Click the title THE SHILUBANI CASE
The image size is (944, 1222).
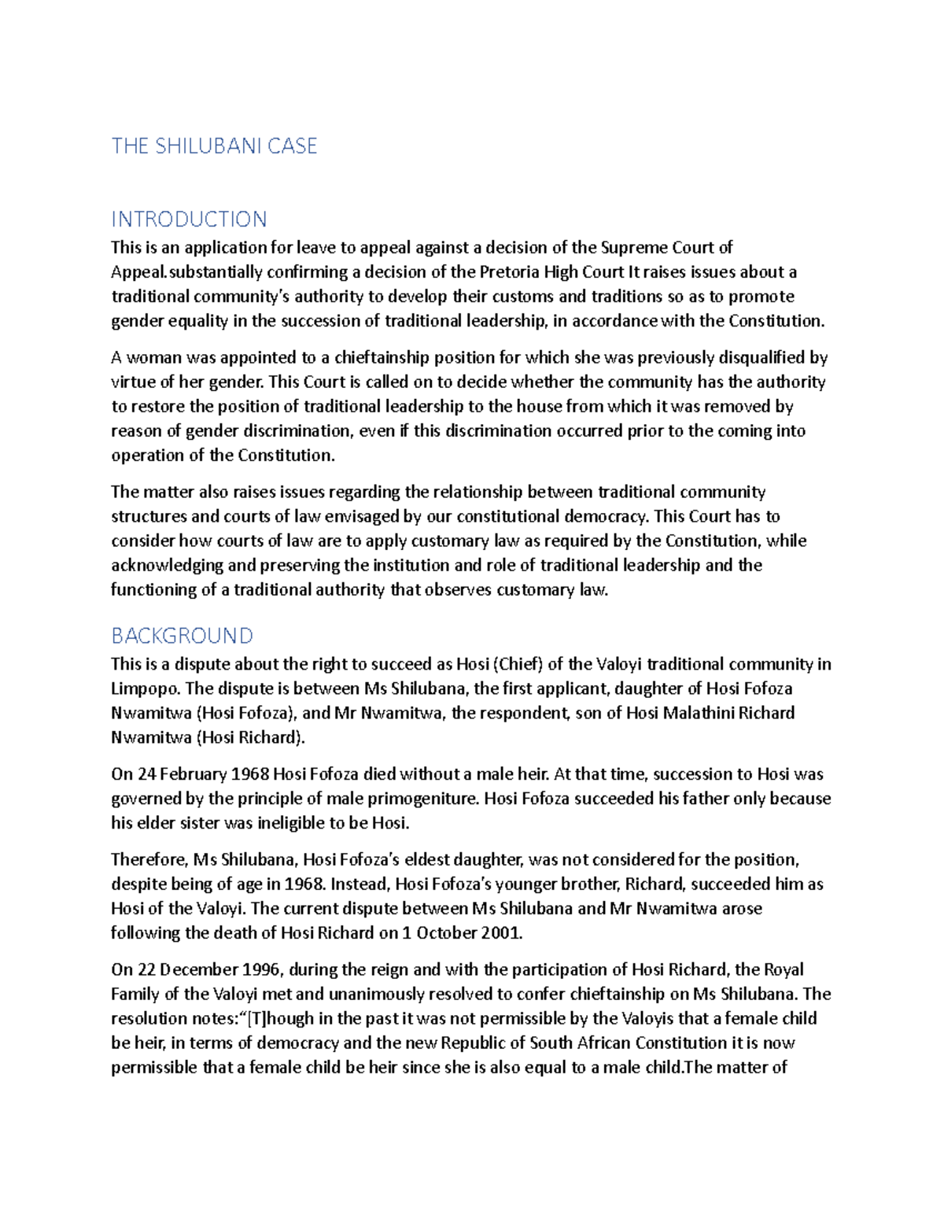[x=214, y=146]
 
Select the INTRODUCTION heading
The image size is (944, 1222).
[x=189, y=219]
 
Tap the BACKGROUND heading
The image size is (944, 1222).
[x=182, y=635]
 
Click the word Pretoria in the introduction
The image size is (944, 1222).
[x=510, y=272]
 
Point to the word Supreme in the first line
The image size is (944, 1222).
[x=631, y=248]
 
